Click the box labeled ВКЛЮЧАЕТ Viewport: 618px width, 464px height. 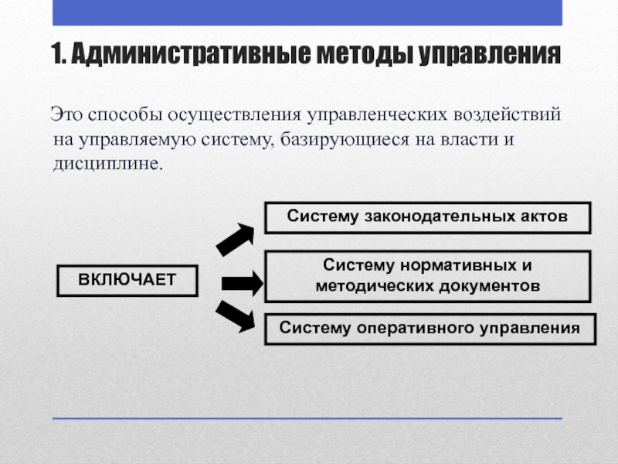(127, 281)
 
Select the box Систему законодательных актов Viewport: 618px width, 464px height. (428, 217)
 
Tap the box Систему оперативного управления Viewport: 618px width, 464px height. (430, 329)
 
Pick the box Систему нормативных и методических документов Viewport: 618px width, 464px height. (428, 276)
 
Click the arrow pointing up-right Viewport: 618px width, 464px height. (235, 239)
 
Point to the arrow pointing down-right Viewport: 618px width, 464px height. (235, 316)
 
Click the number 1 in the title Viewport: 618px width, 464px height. (56, 56)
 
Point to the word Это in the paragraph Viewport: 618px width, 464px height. (66, 116)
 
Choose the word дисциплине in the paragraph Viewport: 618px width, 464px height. (106, 165)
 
